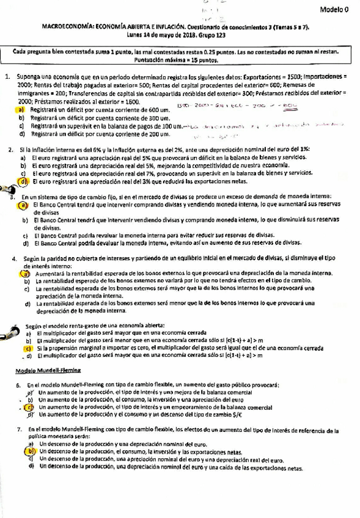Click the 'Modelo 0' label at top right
point(334,10)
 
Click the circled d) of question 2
point(23,181)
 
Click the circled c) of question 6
point(29,407)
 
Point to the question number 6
point(19,385)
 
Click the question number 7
point(19,429)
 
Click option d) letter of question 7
point(30,466)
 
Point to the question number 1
point(7,78)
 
